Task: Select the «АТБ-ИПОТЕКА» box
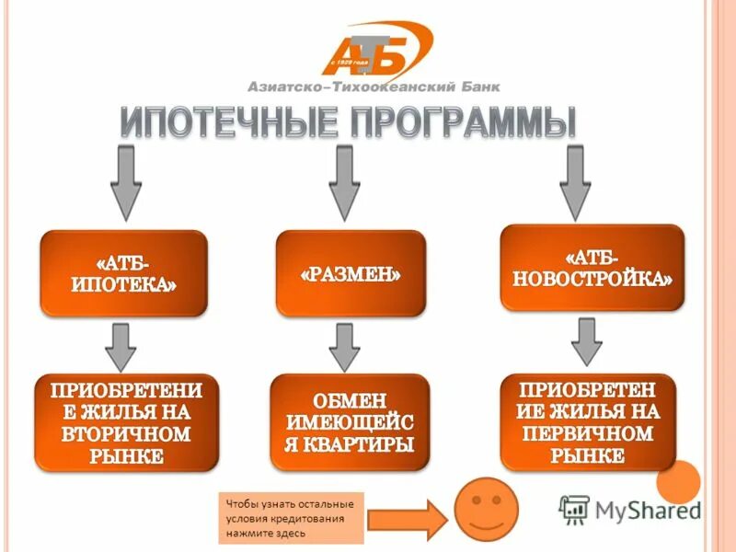(123, 273)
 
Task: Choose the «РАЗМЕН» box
(351, 274)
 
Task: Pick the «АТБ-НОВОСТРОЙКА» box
(592, 267)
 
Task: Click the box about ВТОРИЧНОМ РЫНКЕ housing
(127, 420)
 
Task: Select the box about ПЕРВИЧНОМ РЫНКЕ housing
(592, 420)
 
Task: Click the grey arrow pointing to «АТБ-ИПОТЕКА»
(125, 179)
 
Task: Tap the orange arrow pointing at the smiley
(408, 520)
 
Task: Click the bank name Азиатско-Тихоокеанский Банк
(374, 87)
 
